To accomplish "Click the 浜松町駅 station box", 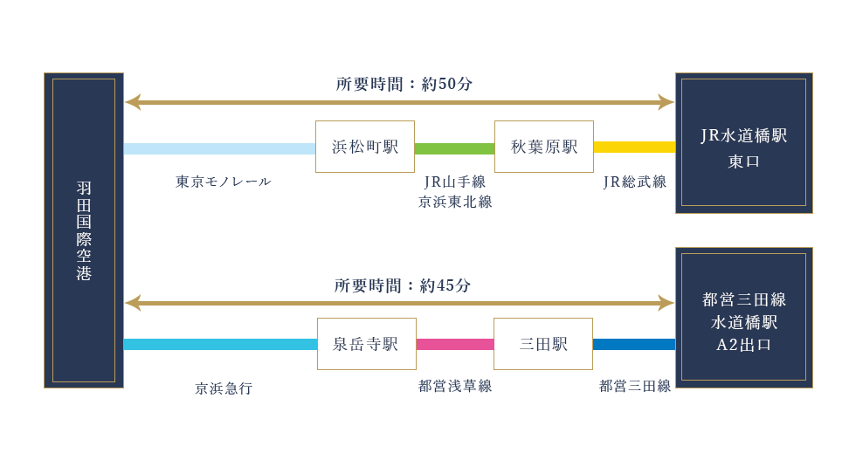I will point(365,147).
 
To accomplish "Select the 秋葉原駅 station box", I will point(544,147).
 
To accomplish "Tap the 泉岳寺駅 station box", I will point(366,344).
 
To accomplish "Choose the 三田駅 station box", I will point(543,344).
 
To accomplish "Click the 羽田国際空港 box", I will point(84,230).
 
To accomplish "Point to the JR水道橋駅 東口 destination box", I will point(743,143).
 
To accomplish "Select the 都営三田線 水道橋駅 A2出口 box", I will point(743,318).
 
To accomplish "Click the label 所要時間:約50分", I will point(404,85).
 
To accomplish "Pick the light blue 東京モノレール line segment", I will point(219,148).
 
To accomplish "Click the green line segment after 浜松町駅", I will point(454,148).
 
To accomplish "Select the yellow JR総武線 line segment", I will point(634,147).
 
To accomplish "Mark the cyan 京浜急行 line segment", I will point(220,345).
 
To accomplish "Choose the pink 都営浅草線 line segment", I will point(454,345).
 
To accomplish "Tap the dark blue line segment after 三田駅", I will point(634,345).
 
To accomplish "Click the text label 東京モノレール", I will point(223,182).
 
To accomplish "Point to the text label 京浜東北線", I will point(454,202).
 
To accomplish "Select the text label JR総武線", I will point(634,182).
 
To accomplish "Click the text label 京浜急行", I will point(223,388).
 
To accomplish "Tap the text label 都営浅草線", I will point(454,386).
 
